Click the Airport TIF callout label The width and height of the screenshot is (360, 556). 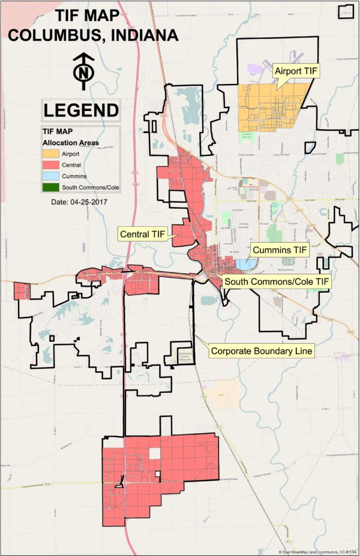pyautogui.click(x=296, y=71)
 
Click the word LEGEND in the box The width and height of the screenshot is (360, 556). pyautogui.click(x=81, y=110)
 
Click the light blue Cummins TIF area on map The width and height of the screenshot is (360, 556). pyautogui.click(x=245, y=264)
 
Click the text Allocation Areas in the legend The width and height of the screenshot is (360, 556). pyautogui.click(x=70, y=143)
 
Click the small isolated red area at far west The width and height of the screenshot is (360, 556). pyautogui.click(x=22, y=291)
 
